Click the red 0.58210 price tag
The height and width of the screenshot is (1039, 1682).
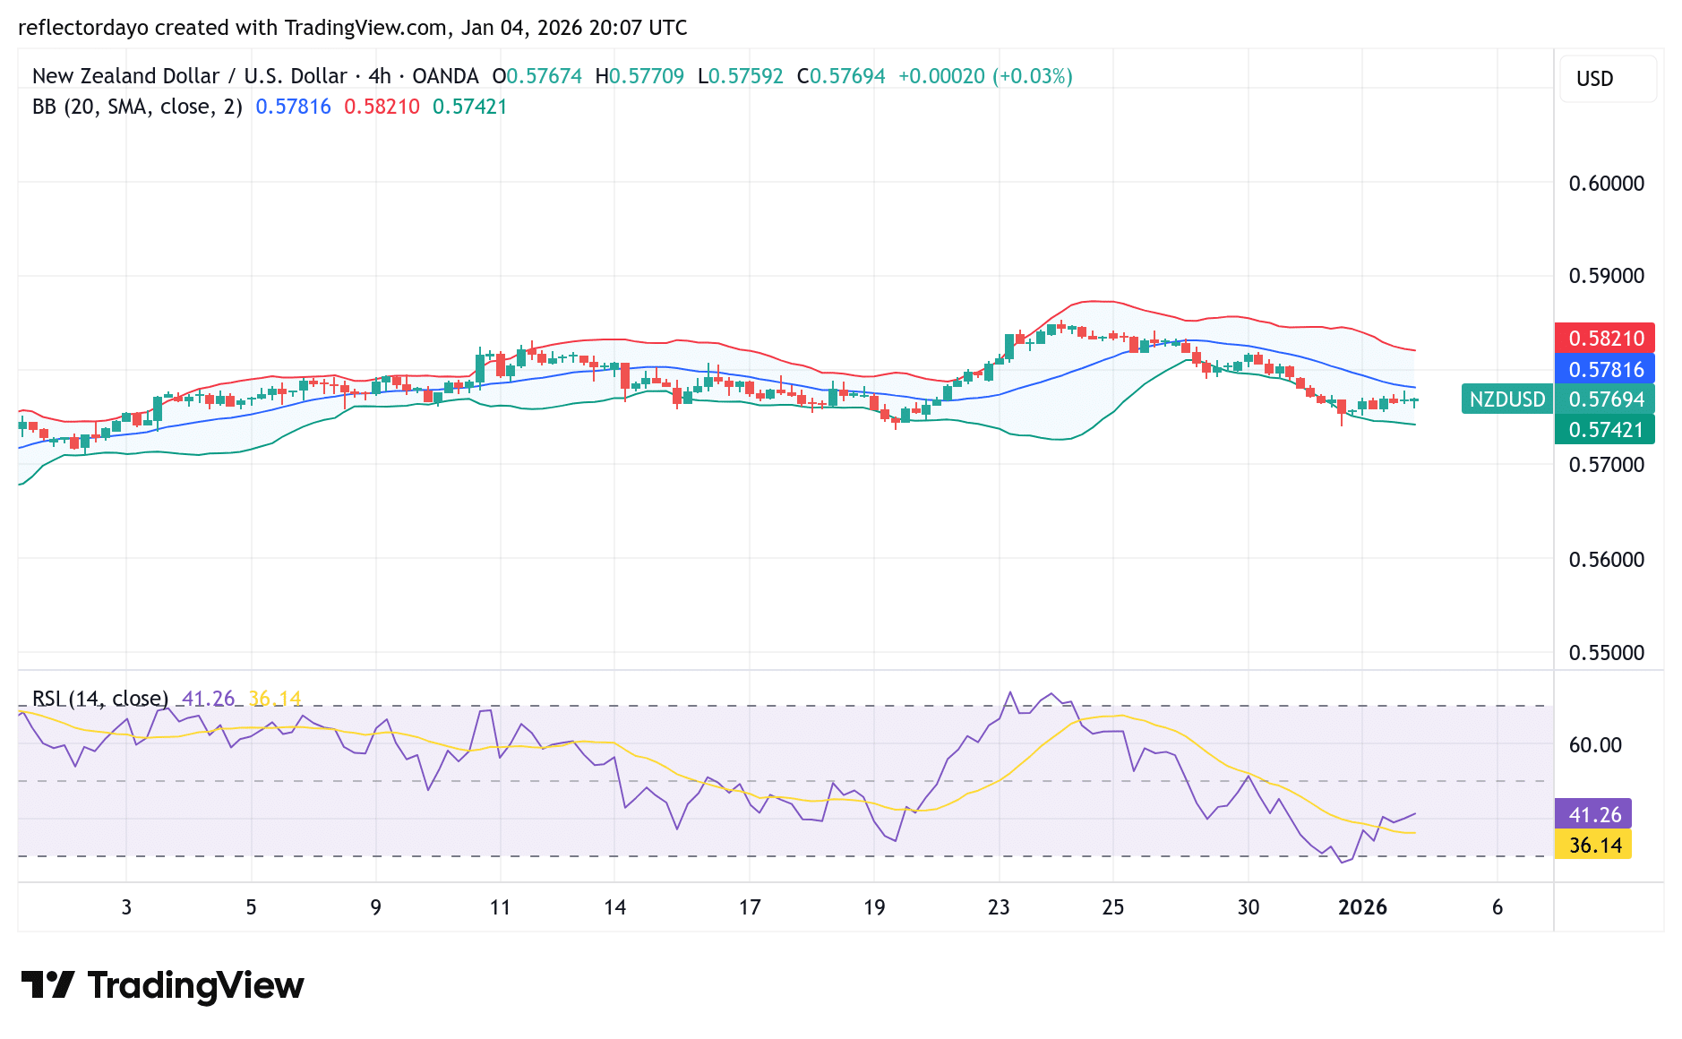(1604, 338)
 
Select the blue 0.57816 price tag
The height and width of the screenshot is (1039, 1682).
(1604, 369)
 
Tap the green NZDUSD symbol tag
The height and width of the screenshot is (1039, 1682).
(1506, 399)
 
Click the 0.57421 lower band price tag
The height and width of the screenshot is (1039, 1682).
(1604, 430)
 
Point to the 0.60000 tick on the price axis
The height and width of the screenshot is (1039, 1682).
(1606, 184)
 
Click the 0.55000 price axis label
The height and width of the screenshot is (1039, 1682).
(1606, 653)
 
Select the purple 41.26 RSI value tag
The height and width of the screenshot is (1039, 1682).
(1593, 814)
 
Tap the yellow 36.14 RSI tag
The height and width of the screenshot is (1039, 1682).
(1593, 845)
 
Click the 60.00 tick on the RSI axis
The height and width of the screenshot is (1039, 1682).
(1594, 745)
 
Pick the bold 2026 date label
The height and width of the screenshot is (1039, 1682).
(1361, 907)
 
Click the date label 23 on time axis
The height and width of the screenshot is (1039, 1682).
(998, 907)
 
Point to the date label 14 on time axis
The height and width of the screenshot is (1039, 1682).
(614, 907)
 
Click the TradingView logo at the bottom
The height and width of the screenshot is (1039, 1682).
(162, 985)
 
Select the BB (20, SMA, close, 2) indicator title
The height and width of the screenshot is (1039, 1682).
(137, 107)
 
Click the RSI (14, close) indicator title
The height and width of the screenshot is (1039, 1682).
(99, 698)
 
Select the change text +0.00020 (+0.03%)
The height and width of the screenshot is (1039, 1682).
(984, 76)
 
